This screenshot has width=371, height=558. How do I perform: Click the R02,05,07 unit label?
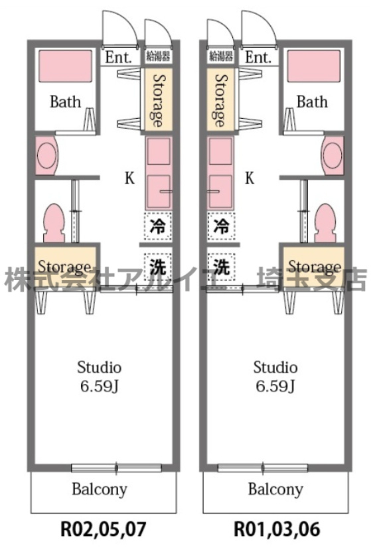click(104, 529)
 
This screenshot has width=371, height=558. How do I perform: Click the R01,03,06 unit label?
click(277, 529)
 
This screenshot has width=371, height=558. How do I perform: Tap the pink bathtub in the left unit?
click(65, 66)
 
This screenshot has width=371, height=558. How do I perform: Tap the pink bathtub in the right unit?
click(314, 66)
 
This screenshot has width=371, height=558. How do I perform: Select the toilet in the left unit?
click(54, 223)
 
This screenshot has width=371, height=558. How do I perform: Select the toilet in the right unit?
click(325, 223)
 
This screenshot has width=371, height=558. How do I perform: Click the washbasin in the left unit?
click(46, 155)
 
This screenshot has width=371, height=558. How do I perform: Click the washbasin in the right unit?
click(333, 155)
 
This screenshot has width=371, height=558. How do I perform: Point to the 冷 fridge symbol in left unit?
click(158, 226)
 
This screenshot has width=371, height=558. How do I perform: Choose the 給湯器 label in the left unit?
click(158, 56)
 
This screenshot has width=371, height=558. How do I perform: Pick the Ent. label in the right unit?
click(258, 57)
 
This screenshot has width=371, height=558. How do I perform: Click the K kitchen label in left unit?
click(129, 178)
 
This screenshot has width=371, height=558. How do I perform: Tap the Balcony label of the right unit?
click(275, 489)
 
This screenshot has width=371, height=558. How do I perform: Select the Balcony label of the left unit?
click(100, 489)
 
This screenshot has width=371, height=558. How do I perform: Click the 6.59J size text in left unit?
click(100, 385)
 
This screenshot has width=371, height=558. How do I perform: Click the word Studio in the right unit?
click(275, 368)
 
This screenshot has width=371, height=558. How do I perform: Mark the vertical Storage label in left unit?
click(158, 101)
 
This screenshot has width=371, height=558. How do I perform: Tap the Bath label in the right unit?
click(312, 102)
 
